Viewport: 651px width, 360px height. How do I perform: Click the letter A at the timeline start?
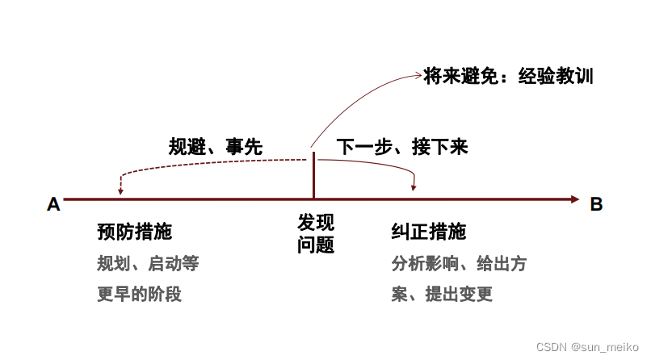click(x=54, y=204)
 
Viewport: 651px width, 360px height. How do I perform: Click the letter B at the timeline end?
click(x=596, y=204)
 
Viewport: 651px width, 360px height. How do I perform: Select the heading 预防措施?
click(x=134, y=232)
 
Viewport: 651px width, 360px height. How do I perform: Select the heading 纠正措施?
click(x=428, y=232)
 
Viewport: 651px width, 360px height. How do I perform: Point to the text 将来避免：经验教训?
click(x=509, y=77)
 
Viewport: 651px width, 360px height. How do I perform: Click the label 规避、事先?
click(x=215, y=147)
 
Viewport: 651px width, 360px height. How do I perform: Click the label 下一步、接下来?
click(x=402, y=147)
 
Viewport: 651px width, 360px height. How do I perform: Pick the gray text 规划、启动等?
click(x=147, y=263)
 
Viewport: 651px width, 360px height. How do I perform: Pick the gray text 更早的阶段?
click(x=139, y=294)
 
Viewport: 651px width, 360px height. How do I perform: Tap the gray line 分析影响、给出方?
click(x=459, y=263)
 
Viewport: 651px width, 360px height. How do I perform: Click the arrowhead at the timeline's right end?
click(x=574, y=199)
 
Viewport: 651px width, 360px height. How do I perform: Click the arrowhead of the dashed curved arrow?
click(x=120, y=191)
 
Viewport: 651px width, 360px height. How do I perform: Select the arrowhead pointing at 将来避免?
click(x=417, y=76)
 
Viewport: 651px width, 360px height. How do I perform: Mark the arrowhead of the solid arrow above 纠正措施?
click(x=414, y=187)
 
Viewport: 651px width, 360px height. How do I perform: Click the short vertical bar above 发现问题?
click(x=313, y=174)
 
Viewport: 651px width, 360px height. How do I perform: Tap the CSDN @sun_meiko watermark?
click(x=594, y=346)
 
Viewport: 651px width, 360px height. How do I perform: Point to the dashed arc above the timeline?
click(x=202, y=161)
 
